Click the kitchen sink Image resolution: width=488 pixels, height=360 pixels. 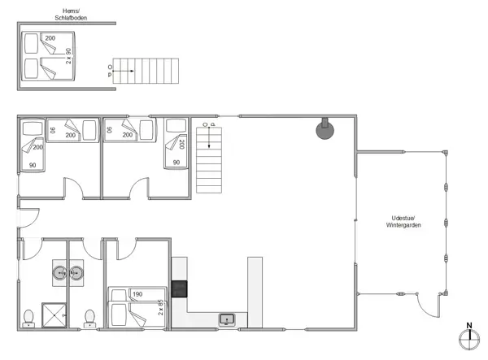[227, 319]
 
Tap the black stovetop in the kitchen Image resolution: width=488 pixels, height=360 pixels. [180, 290]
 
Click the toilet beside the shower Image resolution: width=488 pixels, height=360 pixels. [29, 317]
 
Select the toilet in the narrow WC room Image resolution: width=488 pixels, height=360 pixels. [89, 316]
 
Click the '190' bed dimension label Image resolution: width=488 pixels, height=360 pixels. [137, 294]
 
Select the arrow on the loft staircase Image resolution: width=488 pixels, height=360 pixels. [122, 71]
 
